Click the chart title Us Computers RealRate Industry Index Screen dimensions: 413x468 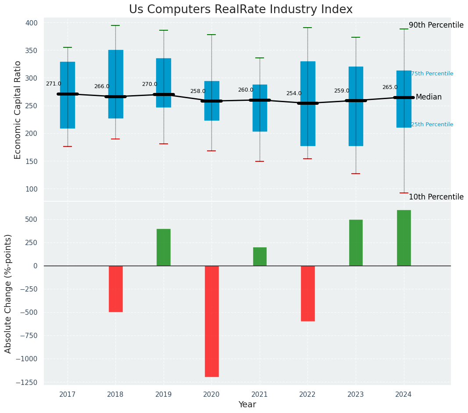(240, 10)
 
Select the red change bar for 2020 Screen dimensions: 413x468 (211, 321)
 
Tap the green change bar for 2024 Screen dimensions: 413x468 (404, 238)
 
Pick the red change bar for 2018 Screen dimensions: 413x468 (115, 288)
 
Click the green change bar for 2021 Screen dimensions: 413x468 (260, 256)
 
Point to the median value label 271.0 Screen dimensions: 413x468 (54, 84)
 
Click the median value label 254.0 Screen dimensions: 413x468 (294, 93)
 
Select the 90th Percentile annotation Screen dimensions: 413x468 (436, 25)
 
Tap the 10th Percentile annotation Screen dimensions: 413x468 (436, 197)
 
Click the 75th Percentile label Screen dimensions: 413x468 (432, 74)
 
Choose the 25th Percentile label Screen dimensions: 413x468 (432, 125)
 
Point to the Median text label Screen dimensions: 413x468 (429, 97)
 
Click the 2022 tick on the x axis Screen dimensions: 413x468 (307, 395)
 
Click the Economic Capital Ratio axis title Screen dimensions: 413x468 (18, 110)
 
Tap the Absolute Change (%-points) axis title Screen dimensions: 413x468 (8, 293)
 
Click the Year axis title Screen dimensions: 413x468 (247, 405)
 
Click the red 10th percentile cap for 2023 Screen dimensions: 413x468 (356, 174)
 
